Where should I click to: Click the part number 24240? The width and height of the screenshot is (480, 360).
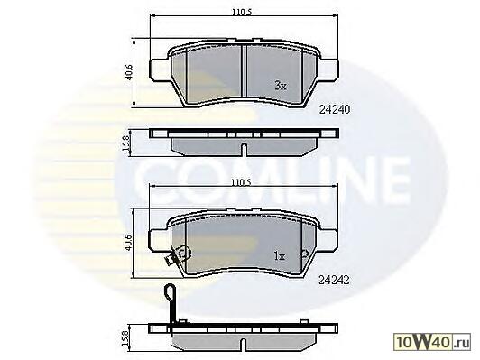pos(334,109)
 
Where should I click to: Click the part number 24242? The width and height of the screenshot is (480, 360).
pos(334,280)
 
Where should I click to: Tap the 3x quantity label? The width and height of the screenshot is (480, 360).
pos(281,86)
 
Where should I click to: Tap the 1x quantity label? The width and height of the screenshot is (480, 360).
pos(280,256)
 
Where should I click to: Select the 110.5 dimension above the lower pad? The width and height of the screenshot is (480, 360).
pos(241,183)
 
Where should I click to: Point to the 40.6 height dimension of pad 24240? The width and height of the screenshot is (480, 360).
pos(129,72)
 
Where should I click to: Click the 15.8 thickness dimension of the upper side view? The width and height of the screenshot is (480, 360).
pos(126,143)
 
